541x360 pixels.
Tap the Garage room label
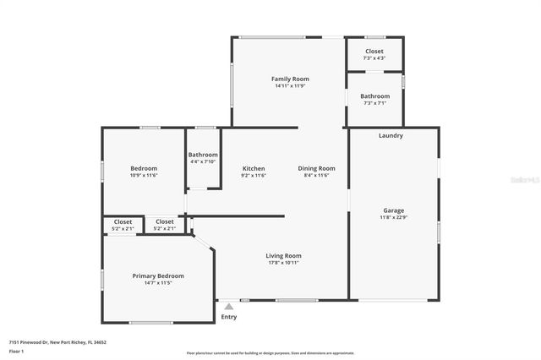coord(393,210)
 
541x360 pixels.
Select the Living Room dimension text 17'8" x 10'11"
coord(284,263)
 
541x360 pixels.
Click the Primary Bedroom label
coord(157,275)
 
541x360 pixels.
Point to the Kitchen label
coord(254,168)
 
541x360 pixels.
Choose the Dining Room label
coord(316,168)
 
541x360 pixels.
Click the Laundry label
coord(391,135)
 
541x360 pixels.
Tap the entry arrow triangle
coord(228,307)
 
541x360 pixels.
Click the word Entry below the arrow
coord(229,317)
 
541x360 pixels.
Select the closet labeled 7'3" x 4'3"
coord(374,54)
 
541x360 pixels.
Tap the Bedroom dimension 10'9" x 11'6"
coord(144,176)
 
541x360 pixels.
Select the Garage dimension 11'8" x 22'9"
coord(393,217)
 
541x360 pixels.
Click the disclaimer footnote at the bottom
coord(270,353)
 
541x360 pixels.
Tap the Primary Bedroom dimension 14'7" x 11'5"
coord(157,283)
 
